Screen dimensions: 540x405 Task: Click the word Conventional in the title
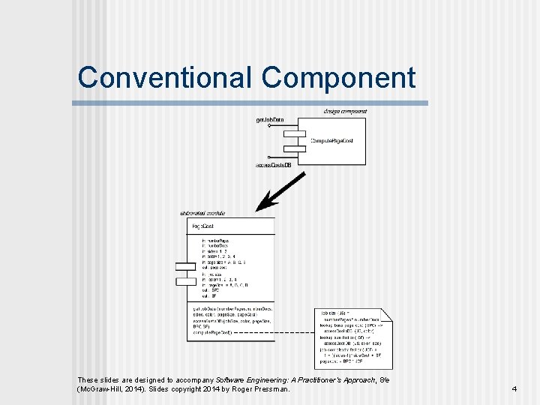pos(166,77)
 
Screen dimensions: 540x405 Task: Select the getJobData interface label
pos(270,120)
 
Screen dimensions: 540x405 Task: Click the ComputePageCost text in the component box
pos(332,141)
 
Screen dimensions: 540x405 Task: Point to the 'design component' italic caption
pos(345,111)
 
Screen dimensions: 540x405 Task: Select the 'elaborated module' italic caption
pos(202,213)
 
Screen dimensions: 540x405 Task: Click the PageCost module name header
pos(203,226)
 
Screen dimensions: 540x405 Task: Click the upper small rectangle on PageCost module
pos(185,266)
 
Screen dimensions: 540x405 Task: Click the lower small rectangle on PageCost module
pos(185,281)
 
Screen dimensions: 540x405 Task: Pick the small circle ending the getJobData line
pos(269,126)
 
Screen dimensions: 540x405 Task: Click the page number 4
pos(514,389)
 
